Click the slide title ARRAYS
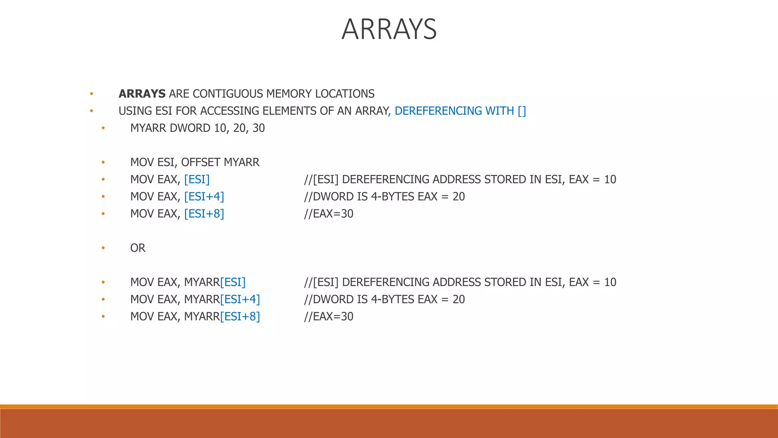(389, 29)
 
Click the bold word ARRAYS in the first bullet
(142, 94)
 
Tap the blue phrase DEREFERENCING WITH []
(460, 111)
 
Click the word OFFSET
(201, 162)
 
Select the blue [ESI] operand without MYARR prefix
(197, 179)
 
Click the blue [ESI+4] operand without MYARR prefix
(204, 197)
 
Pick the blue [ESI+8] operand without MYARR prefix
(204, 214)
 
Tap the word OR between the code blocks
(138, 248)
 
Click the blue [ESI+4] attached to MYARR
(240, 299)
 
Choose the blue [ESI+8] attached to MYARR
(240, 316)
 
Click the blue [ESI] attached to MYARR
(233, 282)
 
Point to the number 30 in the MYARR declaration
(259, 128)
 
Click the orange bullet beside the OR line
(103, 248)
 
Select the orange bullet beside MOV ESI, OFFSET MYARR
(103, 162)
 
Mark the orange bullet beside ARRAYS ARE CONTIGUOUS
(91, 94)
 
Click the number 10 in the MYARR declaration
(220, 128)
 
